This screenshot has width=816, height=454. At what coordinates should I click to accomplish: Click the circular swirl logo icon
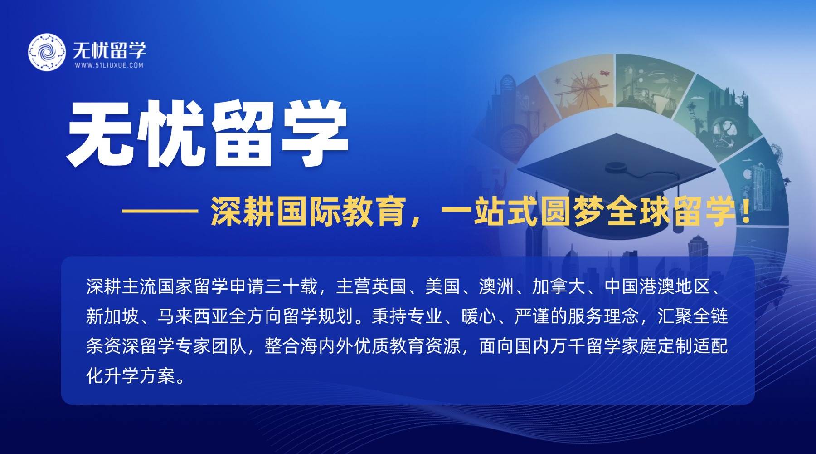coord(47,52)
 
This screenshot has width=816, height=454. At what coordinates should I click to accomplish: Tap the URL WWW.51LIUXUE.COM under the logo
coord(109,65)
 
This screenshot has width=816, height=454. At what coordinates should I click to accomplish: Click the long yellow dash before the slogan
coord(160,211)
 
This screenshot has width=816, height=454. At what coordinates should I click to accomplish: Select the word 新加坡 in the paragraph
coord(112,316)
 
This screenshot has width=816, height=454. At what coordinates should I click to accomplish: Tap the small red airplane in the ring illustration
coord(604,73)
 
